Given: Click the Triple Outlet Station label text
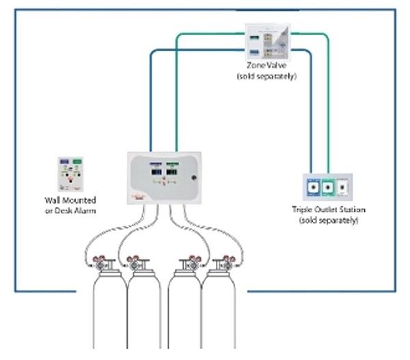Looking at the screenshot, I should (325, 212).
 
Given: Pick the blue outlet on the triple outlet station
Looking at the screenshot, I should (312, 186).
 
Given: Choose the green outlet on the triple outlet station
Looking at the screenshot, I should (327, 186).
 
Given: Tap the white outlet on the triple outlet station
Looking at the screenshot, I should (343, 186).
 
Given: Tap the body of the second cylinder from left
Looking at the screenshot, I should (144, 314).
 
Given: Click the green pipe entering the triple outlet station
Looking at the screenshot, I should (327, 137).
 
